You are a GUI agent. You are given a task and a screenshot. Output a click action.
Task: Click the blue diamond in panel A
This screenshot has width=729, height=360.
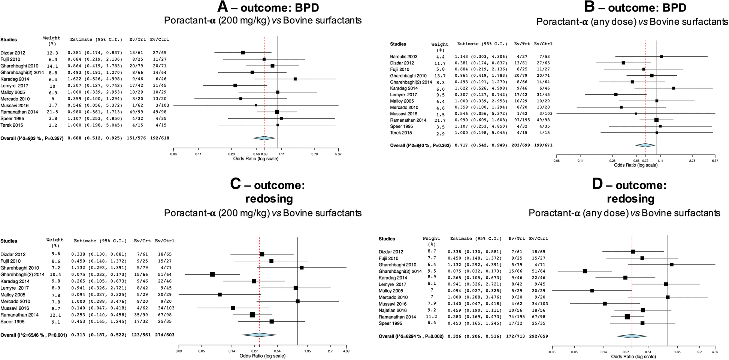pyautogui.click(x=264, y=138)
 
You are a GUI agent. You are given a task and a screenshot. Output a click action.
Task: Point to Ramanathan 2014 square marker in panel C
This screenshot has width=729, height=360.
pyautogui.click(x=252, y=315)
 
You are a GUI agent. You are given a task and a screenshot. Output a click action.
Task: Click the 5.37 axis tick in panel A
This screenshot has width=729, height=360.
pyautogui.click(x=338, y=154)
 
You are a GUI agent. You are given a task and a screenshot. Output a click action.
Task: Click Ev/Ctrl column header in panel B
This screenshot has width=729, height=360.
pyautogui.click(x=543, y=44)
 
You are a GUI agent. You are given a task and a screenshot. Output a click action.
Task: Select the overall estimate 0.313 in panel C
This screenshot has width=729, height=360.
pyautogui.click(x=78, y=335)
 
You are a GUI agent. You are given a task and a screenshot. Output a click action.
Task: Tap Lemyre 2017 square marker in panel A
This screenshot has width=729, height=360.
pyautogui.click(x=235, y=85)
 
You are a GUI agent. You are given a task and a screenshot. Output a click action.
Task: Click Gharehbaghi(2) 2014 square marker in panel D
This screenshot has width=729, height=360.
pyautogui.click(x=585, y=271)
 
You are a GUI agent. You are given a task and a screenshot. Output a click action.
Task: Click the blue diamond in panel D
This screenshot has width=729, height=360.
pyautogui.click(x=632, y=336)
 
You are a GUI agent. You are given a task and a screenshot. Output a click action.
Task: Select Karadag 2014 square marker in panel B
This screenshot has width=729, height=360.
pyautogui.click(x=674, y=88)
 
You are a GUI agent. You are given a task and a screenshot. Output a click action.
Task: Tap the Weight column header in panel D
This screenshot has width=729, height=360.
pyautogui.click(x=431, y=239)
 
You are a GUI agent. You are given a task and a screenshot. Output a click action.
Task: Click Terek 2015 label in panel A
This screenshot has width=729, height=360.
pyautogui.click(x=12, y=125)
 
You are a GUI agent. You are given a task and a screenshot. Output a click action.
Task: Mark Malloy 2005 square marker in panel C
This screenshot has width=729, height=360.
pyautogui.click(x=220, y=294)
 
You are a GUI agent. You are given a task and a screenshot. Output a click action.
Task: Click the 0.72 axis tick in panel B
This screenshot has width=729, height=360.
pyautogui.click(x=645, y=161)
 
